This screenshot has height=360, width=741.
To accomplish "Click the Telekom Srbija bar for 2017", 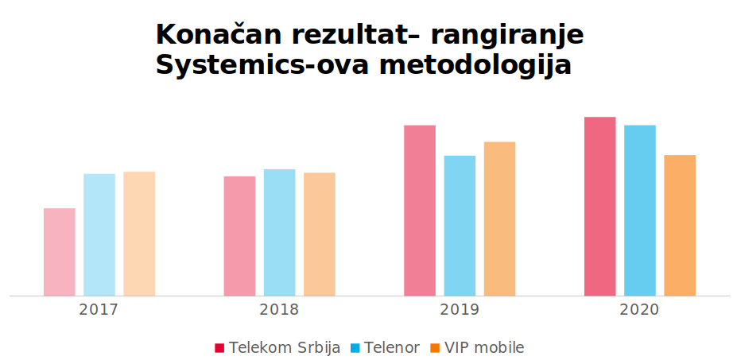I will click(60, 252).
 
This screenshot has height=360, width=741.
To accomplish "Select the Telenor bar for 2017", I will click(99, 234).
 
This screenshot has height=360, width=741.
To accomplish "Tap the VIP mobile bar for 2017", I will click(139, 234).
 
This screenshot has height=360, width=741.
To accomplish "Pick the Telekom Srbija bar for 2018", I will click(239, 236).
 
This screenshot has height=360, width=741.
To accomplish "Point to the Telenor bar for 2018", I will click(279, 232).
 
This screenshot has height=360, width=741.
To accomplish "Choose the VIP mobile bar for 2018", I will click(320, 234).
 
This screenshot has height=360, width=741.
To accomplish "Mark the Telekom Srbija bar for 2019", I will click(420, 211).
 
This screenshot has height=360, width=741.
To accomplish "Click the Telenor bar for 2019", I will click(460, 226).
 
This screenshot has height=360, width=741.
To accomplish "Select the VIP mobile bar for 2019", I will click(499, 219).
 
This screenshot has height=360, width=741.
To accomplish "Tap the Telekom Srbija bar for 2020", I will click(600, 207).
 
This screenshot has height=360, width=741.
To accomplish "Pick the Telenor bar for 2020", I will click(640, 211).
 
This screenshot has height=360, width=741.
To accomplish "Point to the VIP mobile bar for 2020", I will click(680, 225).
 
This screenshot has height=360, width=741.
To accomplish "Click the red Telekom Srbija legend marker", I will click(220, 348).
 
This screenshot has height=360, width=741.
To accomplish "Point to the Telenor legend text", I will click(392, 348).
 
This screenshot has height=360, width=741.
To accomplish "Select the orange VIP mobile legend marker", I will click(435, 348).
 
